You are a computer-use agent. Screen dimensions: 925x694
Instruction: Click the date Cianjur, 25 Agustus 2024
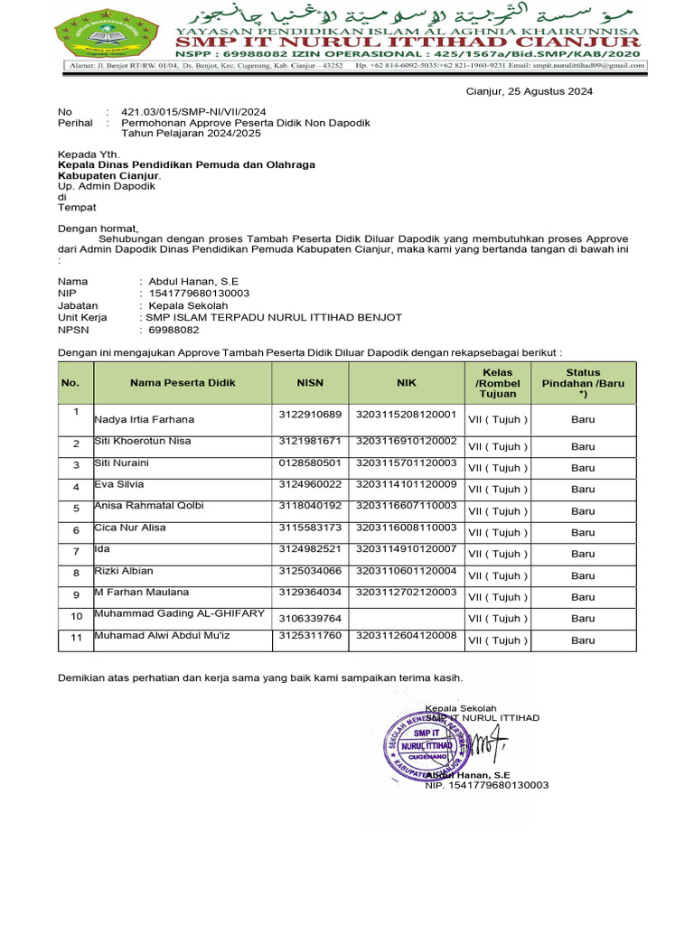[530, 91]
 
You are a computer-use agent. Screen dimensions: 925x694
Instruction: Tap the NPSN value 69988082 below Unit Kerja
[173, 330]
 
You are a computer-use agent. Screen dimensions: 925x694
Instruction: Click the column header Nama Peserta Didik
[183, 383]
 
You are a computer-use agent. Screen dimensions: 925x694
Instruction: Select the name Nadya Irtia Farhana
[145, 419]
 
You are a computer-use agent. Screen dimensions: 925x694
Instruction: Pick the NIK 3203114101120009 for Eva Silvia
[406, 484]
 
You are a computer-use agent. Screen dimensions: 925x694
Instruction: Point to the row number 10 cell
[76, 618]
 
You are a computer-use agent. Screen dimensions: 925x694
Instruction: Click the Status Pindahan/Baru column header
[583, 383]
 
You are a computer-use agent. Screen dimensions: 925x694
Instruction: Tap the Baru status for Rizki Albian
[583, 575]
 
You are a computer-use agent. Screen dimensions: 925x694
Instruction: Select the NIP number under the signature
[487, 785]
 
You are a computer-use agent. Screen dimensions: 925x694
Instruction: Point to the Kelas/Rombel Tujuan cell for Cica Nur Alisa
[498, 533]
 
